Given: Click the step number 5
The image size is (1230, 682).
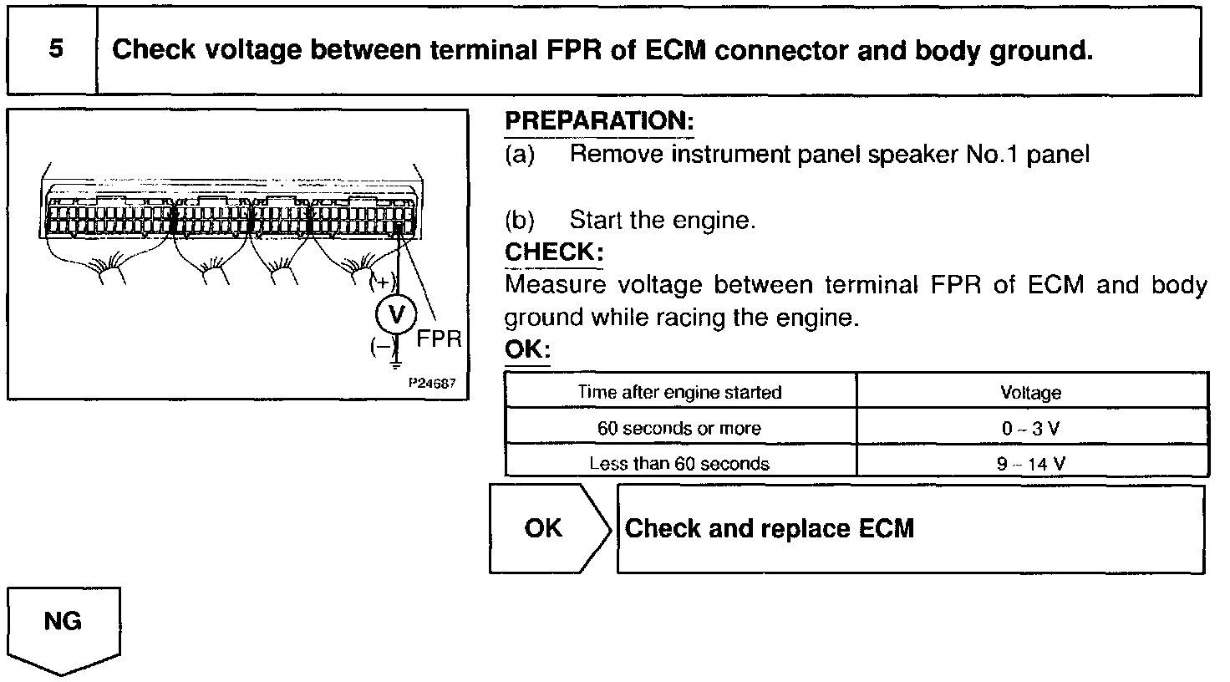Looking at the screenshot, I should click(55, 49).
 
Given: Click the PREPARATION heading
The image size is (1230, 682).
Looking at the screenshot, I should click(599, 121).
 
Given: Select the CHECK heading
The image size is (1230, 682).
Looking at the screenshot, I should click(554, 252).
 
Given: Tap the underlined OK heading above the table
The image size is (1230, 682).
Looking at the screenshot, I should click(527, 349).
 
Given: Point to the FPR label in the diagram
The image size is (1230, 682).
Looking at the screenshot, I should click(439, 340).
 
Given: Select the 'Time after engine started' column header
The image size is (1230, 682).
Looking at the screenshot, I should click(680, 392).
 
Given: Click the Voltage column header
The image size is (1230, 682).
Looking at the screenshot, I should click(1030, 393).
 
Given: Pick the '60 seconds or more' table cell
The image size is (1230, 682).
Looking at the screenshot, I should click(679, 429).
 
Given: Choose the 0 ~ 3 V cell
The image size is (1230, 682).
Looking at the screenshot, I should click(1030, 429).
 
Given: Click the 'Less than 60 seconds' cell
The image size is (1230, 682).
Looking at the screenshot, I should click(679, 464).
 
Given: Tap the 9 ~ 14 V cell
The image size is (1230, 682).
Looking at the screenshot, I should click(1030, 464).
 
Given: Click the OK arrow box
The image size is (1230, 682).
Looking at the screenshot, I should click(545, 528).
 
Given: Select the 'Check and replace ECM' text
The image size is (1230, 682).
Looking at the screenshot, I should click(770, 528).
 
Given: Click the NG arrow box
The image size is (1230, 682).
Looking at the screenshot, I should click(64, 623).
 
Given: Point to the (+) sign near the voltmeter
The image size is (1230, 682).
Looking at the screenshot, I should click(383, 282).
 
